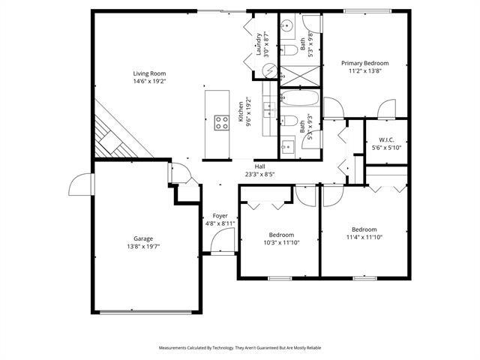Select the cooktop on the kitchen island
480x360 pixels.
[x=221, y=122]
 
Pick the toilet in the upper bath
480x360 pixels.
[x=289, y=50]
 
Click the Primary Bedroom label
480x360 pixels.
[x=365, y=63]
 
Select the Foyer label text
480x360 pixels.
[x=220, y=215]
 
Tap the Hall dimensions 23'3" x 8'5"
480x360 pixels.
[x=259, y=174]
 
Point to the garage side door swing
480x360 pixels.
[x=79, y=184]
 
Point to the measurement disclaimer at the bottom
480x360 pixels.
[x=239, y=348]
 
